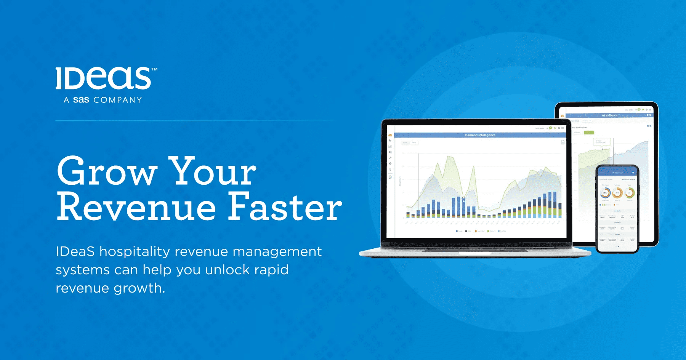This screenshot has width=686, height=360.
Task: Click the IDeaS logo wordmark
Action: tap(103, 78)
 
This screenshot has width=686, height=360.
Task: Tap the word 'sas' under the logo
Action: tap(81, 100)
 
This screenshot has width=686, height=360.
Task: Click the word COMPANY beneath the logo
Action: tap(118, 100)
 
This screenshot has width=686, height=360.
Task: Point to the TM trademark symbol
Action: tap(154, 70)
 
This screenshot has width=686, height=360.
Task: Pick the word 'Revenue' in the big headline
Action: tap(136, 207)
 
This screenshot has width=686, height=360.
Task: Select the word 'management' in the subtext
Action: tap(277, 252)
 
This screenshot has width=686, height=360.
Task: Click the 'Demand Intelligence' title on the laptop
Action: tap(480, 135)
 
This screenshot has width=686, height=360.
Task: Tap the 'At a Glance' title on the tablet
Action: tap(609, 115)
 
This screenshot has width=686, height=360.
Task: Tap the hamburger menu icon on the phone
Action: tap(602, 173)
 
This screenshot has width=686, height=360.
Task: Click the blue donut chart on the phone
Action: tap(605, 193)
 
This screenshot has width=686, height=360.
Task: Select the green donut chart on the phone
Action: tap(629, 193)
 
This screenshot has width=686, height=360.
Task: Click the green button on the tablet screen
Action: tap(589, 133)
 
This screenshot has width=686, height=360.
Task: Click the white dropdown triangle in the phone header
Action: tap(633, 173)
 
